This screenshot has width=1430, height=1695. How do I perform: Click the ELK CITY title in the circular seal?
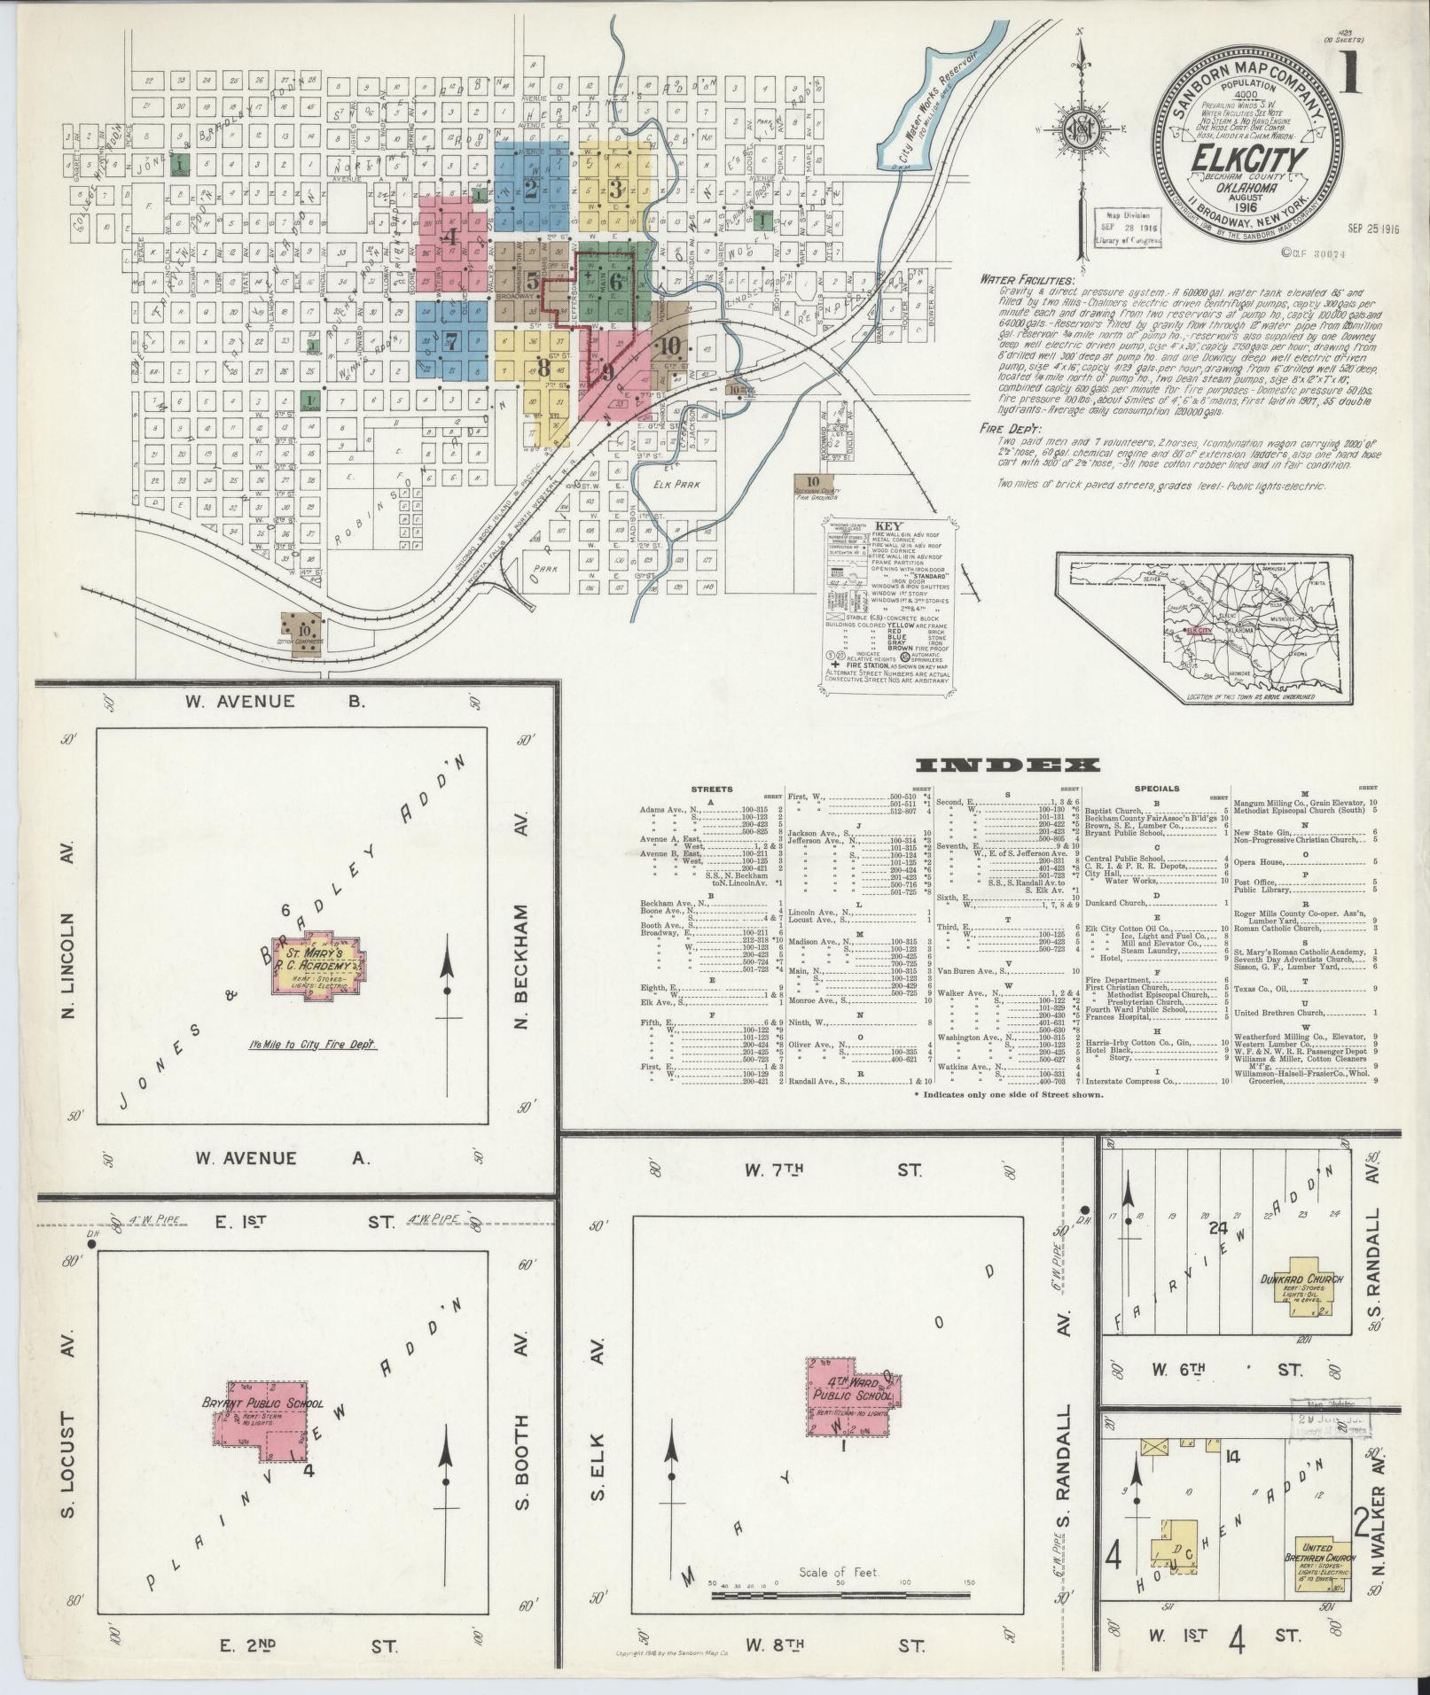(x=1252, y=159)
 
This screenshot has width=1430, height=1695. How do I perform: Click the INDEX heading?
(x=1007, y=766)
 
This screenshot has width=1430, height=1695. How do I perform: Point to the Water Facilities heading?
(x=1024, y=280)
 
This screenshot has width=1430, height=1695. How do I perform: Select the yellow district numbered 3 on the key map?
(x=615, y=188)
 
